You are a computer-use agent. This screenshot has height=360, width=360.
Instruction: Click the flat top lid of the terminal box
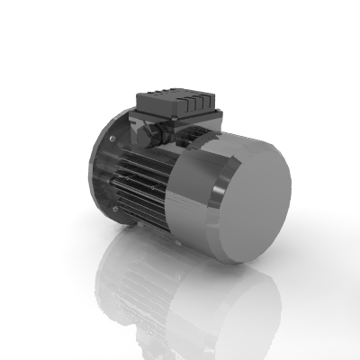tap(176, 95)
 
